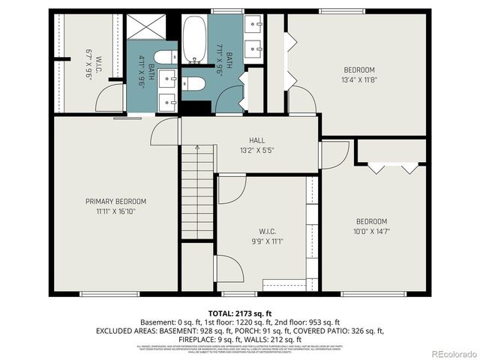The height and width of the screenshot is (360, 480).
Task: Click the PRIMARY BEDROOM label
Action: pyautogui.click(x=115, y=201)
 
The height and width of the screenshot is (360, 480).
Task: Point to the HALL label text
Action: pyautogui.click(x=257, y=140)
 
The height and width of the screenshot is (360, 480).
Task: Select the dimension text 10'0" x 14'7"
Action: pyautogui.click(x=370, y=232)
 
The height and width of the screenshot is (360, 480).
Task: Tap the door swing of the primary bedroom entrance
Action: pyautogui.click(x=163, y=133)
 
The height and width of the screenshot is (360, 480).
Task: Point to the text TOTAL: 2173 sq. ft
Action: pyautogui.click(x=239, y=313)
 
